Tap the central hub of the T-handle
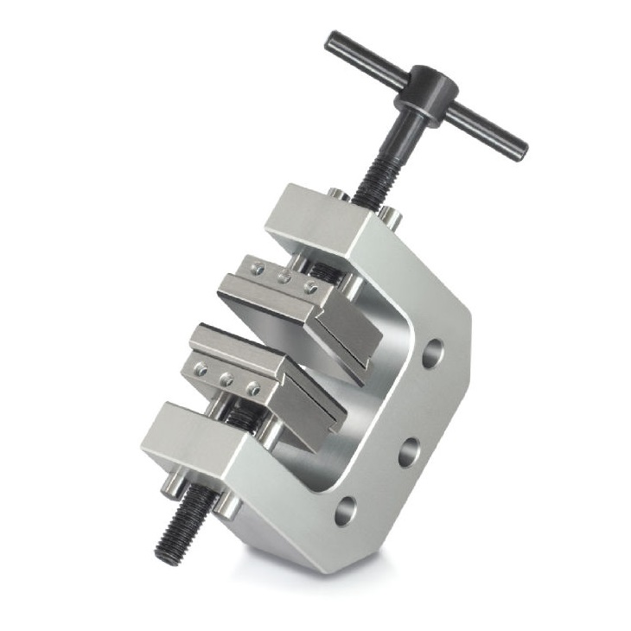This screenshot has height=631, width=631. [427, 89]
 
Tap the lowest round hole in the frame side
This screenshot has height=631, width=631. [345, 510]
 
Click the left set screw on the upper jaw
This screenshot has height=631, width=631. [257, 269]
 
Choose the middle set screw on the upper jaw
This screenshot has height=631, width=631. [283, 277]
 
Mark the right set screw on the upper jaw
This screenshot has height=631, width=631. [309, 287]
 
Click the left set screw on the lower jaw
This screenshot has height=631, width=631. [201, 369]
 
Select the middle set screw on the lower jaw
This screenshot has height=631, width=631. [226, 379]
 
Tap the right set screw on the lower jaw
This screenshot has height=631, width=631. [253, 388]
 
